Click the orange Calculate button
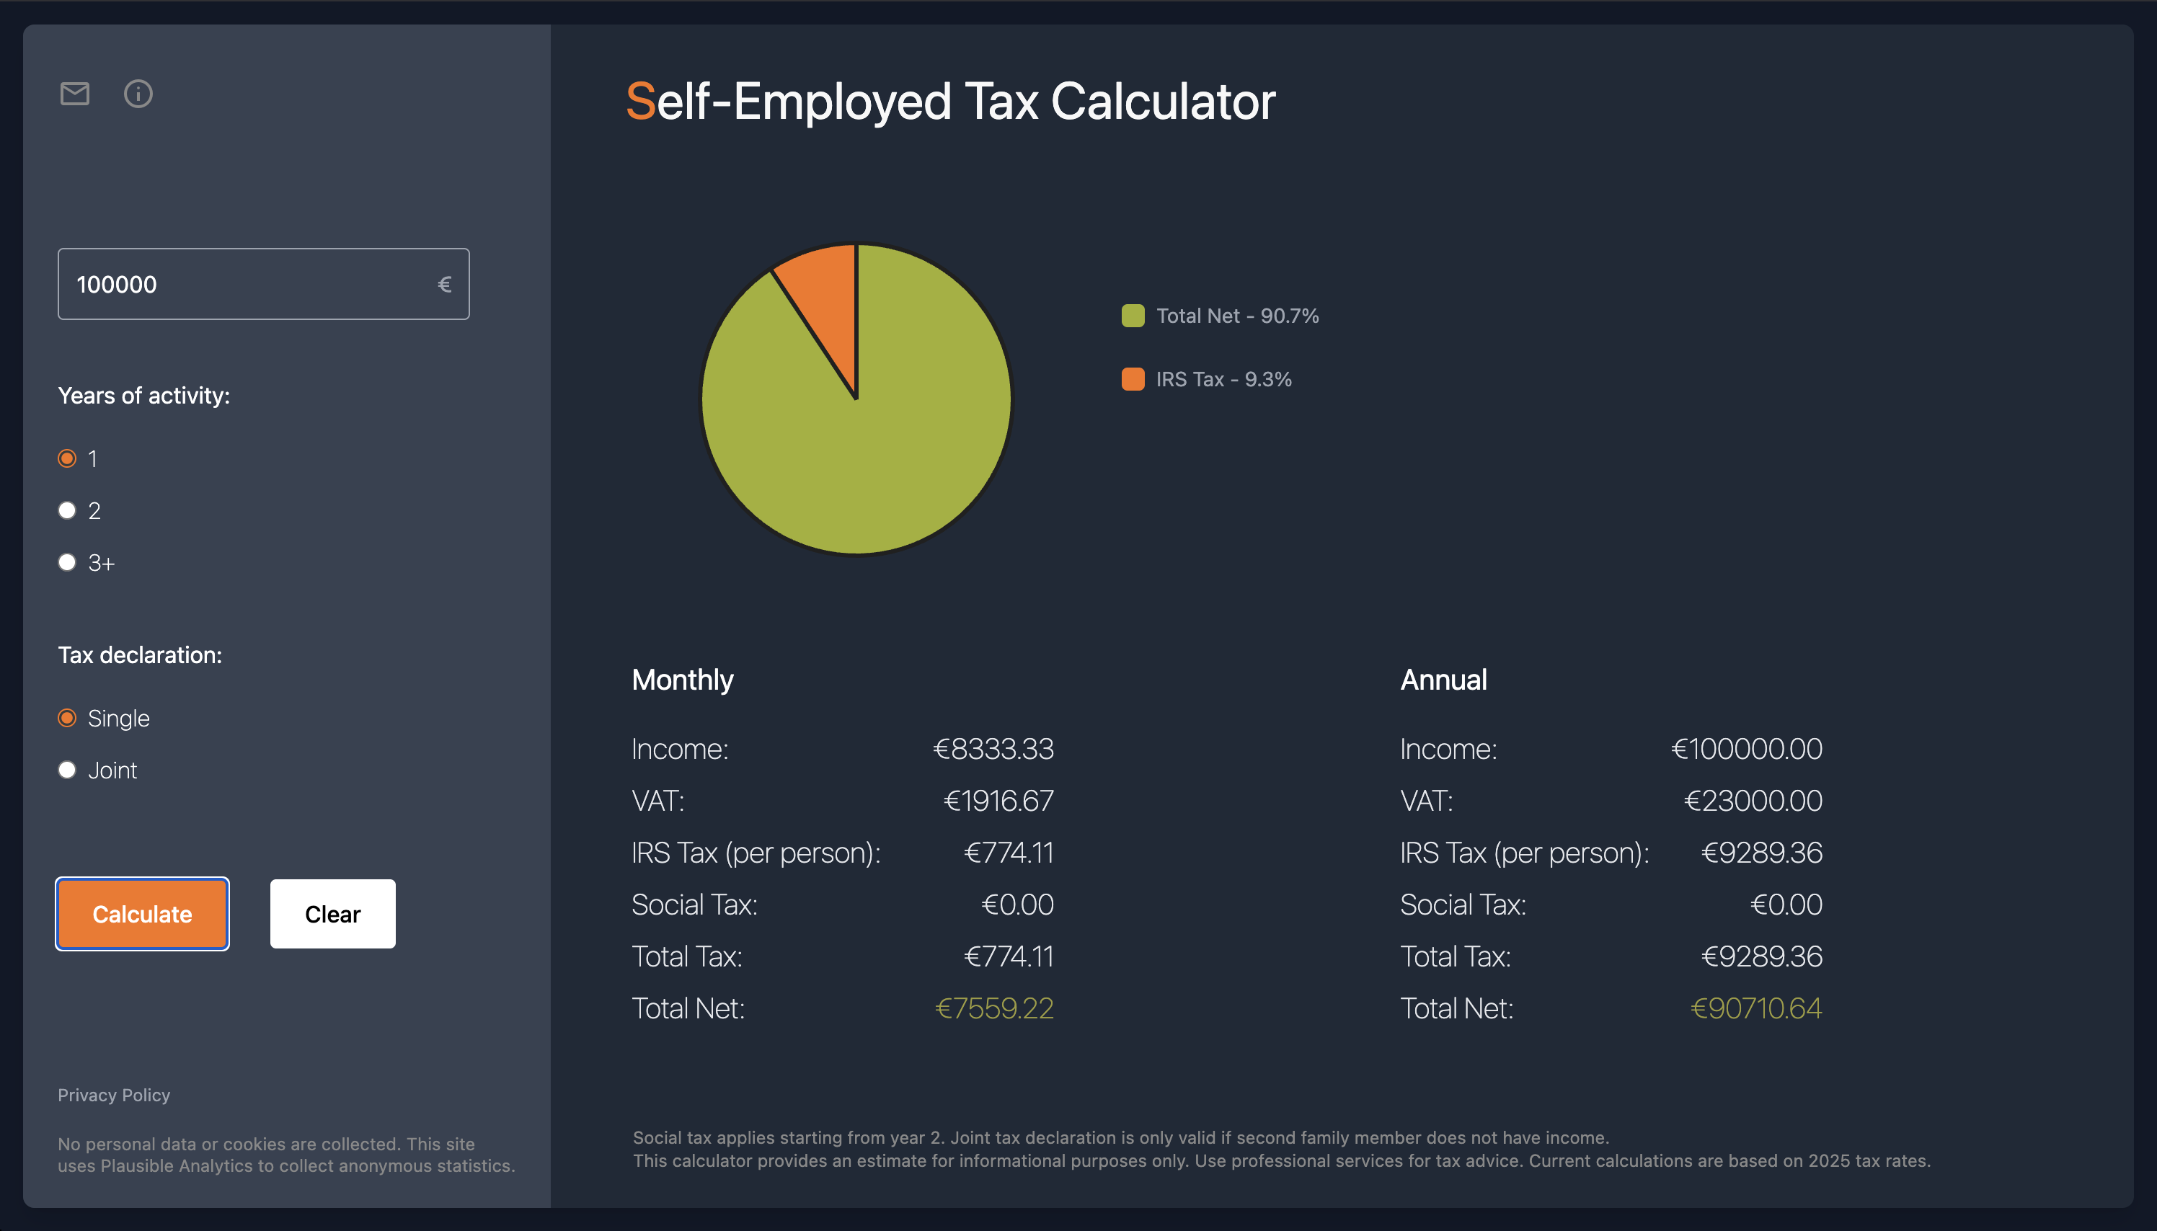[142, 914]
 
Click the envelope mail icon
[74, 94]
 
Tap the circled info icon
[138, 94]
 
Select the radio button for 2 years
[67, 511]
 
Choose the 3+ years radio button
[67, 562]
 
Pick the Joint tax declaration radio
[67, 770]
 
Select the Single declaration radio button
[67, 718]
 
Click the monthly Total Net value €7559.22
[994, 1008]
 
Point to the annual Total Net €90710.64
[1755, 1008]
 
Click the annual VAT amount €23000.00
[1753, 801]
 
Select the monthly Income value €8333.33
[993, 749]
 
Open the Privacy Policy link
[114, 1095]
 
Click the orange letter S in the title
[640, 102]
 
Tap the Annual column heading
[1443, 680]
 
